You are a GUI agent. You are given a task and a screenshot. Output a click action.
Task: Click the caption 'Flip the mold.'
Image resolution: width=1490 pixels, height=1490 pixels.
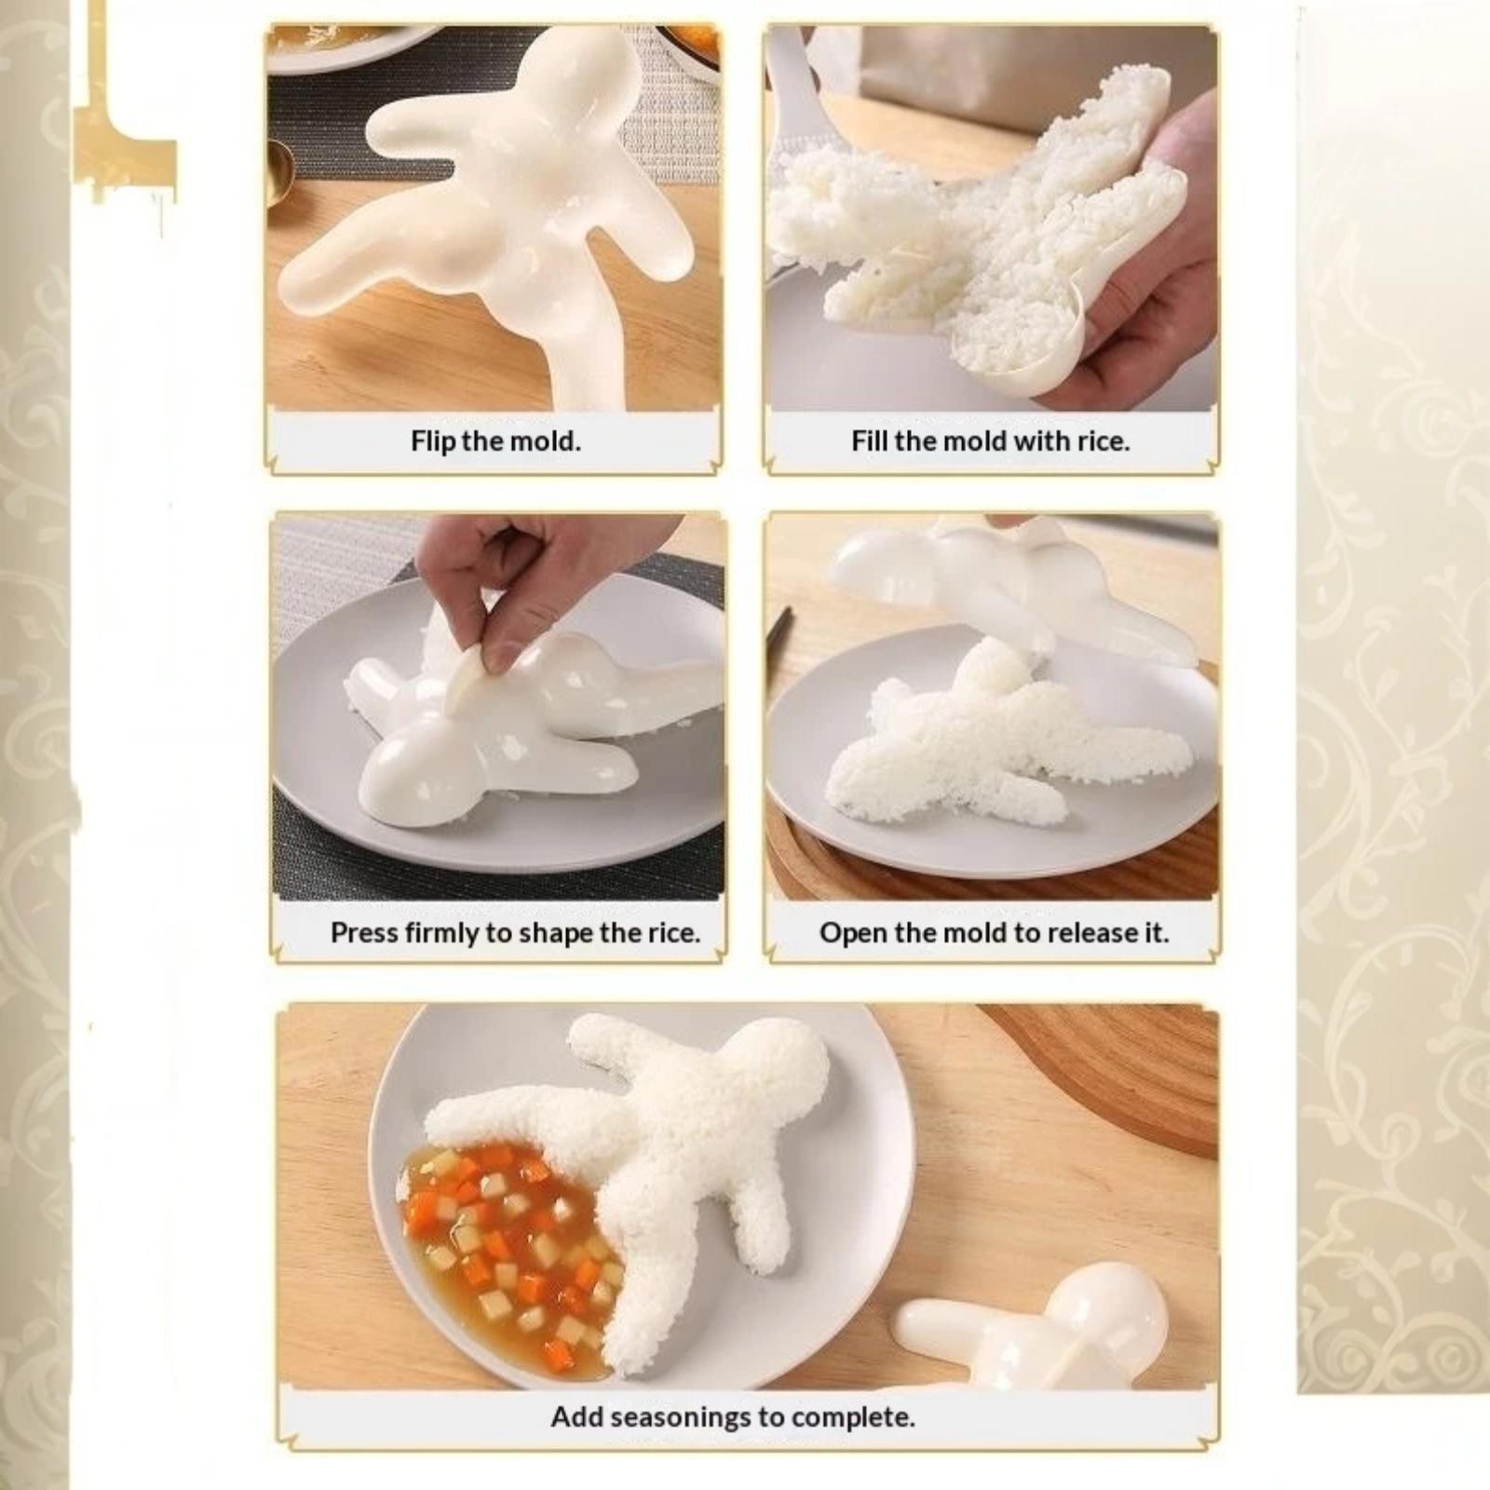495,440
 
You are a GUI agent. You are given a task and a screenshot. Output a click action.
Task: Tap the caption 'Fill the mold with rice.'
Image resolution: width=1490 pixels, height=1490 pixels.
990,440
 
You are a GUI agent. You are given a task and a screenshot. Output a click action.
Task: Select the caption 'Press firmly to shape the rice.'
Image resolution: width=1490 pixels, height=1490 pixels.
515,933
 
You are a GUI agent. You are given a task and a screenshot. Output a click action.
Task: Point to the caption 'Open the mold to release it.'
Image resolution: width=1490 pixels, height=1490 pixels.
994,933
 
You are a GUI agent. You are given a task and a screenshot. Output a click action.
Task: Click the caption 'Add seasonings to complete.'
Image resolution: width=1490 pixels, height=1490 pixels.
733,1417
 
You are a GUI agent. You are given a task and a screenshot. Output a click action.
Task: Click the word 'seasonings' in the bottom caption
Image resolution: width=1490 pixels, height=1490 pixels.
681,1418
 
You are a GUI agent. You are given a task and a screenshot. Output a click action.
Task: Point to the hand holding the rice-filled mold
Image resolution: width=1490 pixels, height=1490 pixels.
1136,307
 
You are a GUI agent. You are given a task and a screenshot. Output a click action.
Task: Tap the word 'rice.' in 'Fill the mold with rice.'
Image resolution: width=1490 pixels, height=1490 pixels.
1104,440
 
